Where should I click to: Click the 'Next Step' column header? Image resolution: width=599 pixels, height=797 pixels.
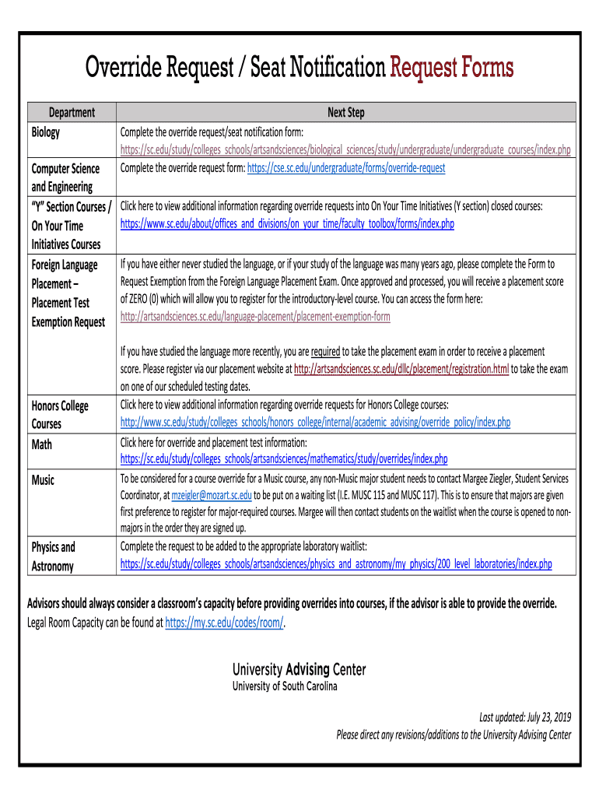click(345, 112)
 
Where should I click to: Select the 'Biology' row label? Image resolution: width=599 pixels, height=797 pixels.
click(45, 132)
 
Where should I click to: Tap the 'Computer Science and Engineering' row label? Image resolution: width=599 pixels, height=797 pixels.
click(65, 177)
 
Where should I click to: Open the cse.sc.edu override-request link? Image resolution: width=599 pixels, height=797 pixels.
click(346, 167)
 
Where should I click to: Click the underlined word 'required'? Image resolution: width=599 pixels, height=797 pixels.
click(325, 351)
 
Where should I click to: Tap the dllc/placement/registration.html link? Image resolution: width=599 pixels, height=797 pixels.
click(401, 369)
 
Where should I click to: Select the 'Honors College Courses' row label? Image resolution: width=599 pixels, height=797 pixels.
click(60, 415)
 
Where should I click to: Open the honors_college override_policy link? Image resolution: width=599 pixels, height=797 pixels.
click(315, 422)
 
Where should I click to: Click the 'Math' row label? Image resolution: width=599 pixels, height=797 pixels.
click(42, 444)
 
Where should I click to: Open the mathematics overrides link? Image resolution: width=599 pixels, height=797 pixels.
click(283, 458)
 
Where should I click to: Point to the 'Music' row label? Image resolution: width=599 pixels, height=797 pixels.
click(44, 480)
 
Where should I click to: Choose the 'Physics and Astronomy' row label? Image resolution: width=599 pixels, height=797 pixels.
click(54, 556)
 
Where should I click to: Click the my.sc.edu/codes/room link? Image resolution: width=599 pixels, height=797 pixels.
click(225, 622)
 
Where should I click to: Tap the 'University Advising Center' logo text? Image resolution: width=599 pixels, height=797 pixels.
click(299, 669)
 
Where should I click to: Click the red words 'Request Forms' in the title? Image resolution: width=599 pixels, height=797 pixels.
click(451, 69)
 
